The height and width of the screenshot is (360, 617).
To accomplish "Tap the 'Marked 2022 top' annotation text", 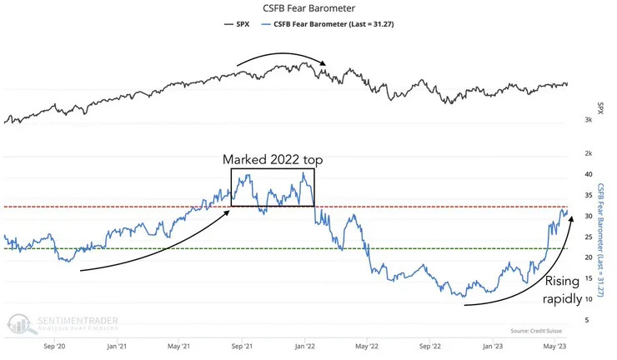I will [272, 159].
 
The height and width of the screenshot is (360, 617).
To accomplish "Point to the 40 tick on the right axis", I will [588, 174].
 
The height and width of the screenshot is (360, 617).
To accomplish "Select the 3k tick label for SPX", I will [588, 121].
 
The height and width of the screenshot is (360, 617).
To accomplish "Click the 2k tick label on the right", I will [588, 153].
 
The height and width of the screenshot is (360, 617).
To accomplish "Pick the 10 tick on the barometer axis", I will [588, 299].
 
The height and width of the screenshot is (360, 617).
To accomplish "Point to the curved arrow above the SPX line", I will [279, 55].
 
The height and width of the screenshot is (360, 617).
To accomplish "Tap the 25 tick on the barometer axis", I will [588, 237].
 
